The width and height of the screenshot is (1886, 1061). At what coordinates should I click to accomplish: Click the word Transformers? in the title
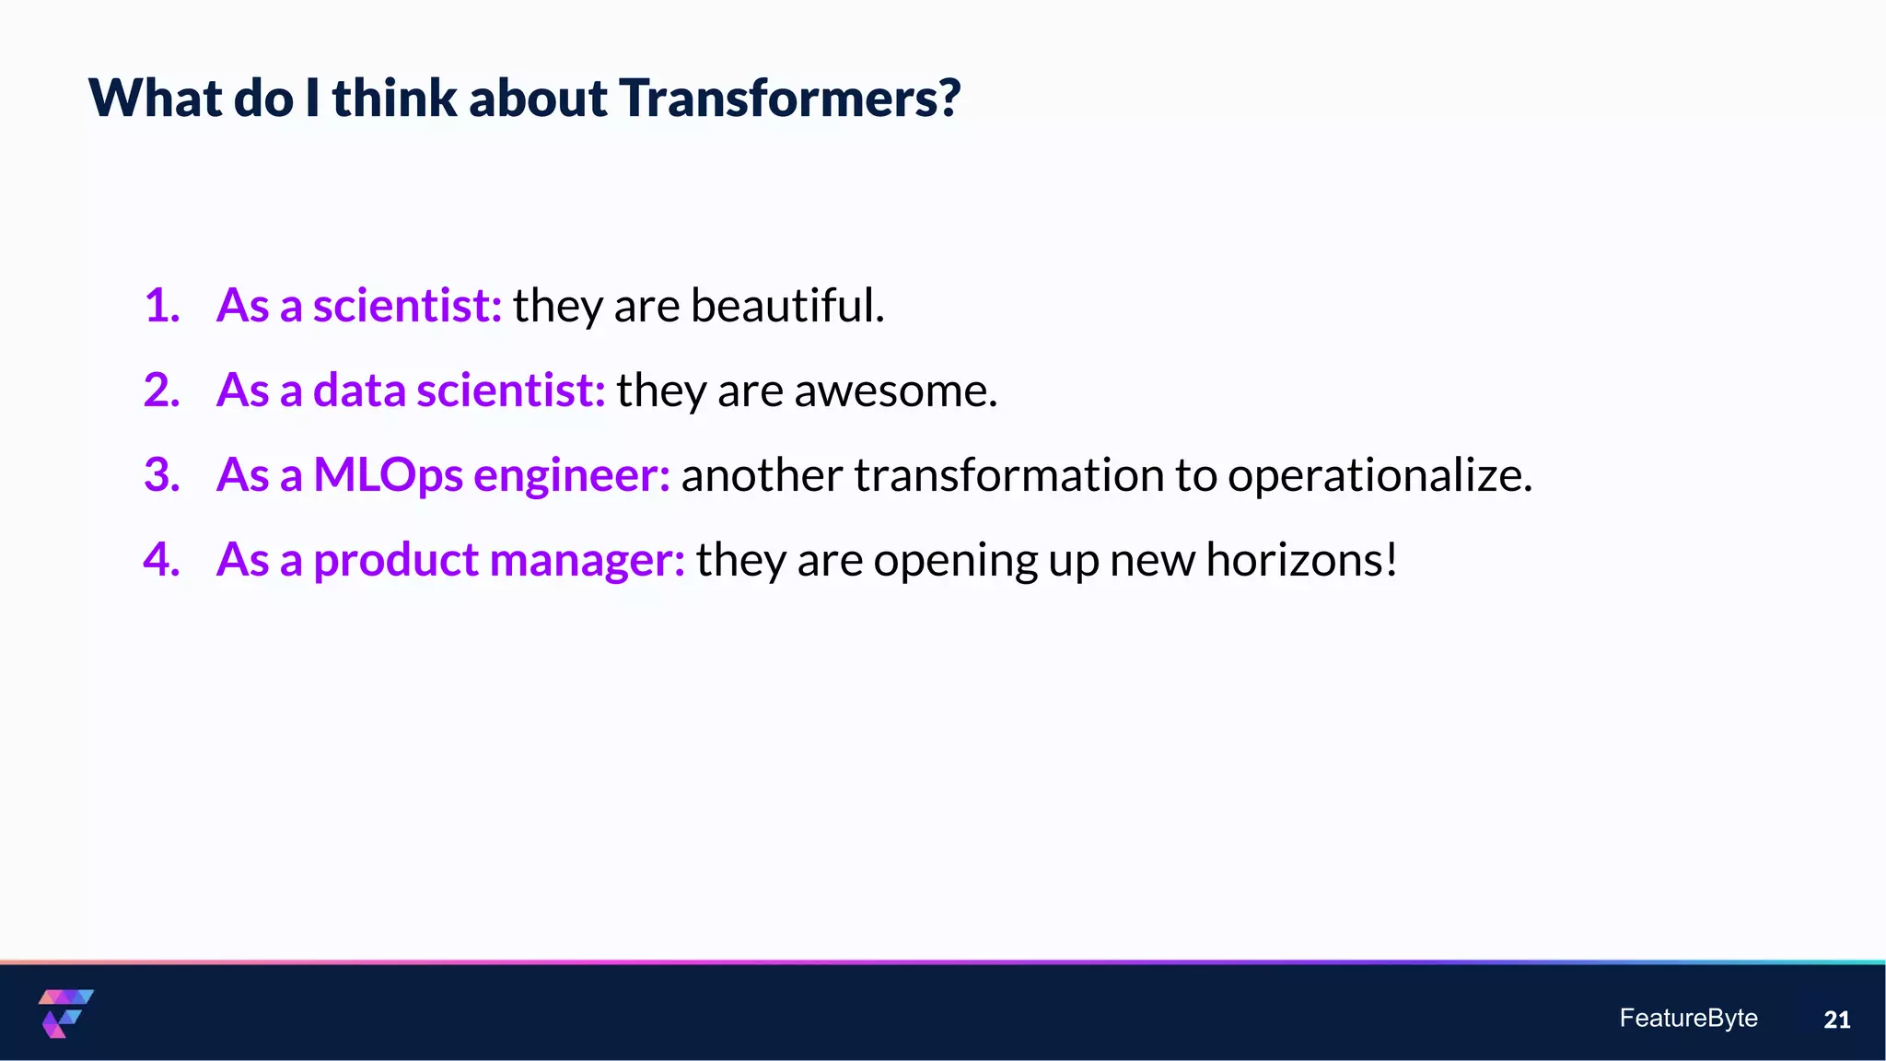tap(789, 98)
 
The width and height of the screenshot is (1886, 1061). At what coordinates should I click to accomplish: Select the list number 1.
tap(161, 306)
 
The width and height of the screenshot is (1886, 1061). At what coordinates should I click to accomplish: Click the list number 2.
tap(161, 391)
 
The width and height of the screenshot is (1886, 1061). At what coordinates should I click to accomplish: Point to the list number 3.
tap(161, 475)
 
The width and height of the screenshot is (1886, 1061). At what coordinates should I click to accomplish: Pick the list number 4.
tap(161, 560)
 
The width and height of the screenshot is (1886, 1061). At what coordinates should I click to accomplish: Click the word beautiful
tap(787, 306)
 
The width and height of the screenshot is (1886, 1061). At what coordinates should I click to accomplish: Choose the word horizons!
tap(1301, 560)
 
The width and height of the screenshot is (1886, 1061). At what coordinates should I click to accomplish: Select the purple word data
tap(359, 391)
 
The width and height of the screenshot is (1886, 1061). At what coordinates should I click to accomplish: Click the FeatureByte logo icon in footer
tap(65, 1013)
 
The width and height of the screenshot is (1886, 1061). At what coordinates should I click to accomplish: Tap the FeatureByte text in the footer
tap(1688, 1018)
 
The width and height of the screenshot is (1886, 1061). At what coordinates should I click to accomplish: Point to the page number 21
tap(1836, 1020)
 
